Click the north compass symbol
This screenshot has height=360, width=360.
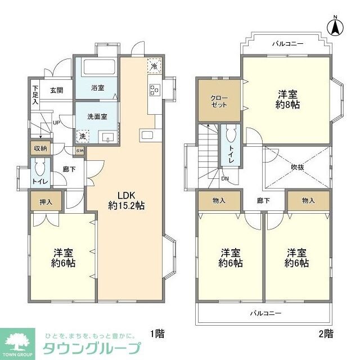tap(335, 26)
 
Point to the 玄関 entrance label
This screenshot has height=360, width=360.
tap(56, 90)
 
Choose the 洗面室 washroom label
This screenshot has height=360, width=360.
tap(97, 116)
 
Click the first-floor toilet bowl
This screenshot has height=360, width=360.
tap(39, 167)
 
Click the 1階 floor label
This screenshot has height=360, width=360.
tap(157, 334)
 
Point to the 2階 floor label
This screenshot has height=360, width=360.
tap(326, 334)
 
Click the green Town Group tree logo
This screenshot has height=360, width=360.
tap(19, 340)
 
